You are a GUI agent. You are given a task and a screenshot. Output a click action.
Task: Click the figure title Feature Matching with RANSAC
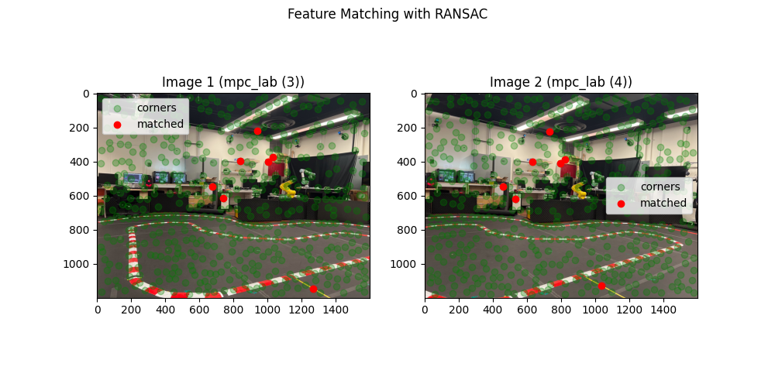(387, 14)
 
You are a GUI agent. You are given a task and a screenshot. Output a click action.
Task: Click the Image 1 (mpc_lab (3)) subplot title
(232, 82)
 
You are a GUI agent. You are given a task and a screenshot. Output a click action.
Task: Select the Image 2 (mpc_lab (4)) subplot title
(560, 82)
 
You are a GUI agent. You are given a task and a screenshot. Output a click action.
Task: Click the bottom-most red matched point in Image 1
(313, 289)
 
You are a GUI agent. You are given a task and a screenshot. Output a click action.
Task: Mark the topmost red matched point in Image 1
(257, 131)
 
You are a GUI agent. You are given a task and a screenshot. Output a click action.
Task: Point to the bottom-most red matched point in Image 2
(601, 286)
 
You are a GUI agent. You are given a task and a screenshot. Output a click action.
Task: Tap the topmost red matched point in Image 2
(549, 132)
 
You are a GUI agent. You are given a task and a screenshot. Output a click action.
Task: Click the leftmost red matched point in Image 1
(212, 187)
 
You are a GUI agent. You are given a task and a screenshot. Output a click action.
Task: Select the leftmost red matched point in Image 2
(503, 187)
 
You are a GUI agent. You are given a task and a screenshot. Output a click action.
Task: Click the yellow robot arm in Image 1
(288, 187)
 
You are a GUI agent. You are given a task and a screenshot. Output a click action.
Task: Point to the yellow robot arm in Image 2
(579, 188)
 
